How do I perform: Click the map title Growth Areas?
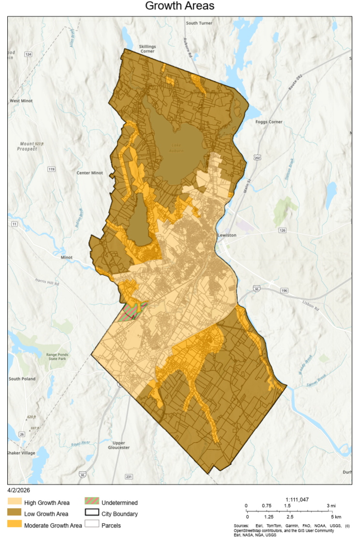pyautogui.click(x=180, y=6)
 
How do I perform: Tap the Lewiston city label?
pyautogui.click(x=227, y=235)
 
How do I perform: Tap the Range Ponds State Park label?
pyautogui.click(x=59, y=357)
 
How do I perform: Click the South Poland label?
pyautogui.click(x=22, y=379)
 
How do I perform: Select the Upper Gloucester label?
pyautogui.click(x=118, y=445)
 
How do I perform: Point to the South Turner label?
pyautogui.click(x=199, y=23)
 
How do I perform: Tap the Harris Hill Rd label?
pyautogui.click(x=47, y=282)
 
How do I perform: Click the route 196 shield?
pyautogui.click(x=284, y=290)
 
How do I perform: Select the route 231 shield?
pyautogui.click(x=129, y=477)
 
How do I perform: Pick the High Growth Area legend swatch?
pyautogui.click(x=15, y=503)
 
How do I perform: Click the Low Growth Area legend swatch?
pyautogui.click(x=15, y=514)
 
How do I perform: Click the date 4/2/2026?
pyautogui.click(x=19, y=491)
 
